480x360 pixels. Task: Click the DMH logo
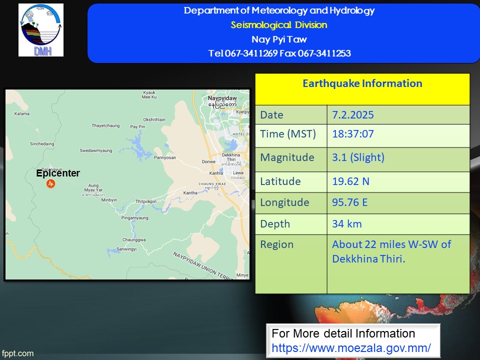[41, 30]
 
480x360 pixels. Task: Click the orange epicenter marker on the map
[51, 183]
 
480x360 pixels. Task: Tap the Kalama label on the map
[22, 113]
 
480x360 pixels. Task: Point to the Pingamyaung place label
[134, 218]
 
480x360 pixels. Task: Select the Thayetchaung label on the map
[105, 125]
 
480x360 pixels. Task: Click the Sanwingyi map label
[126, 249]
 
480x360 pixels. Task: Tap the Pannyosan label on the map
[165, 157]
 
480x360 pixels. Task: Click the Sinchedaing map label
[42, 144]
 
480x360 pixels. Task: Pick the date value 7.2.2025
[353, 115]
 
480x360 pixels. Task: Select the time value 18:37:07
[353, 134]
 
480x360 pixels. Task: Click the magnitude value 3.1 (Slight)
[358, 157]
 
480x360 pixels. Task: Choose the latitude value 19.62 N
[351, 181]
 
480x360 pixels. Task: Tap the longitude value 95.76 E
[350, 202]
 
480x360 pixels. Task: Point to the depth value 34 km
[347, 224]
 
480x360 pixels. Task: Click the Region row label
[276, 244]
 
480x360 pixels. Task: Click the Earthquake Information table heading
[362, 83]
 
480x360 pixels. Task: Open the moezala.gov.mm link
[351, 348]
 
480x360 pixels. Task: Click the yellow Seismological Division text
[279, 25]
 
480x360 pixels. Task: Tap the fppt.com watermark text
[17, 353]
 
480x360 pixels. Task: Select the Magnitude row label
[287, 157]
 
